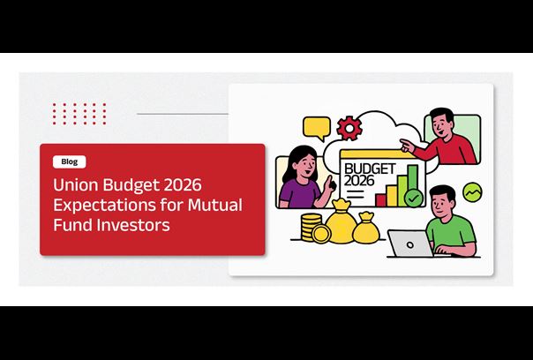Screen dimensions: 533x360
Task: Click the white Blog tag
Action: point(70,161)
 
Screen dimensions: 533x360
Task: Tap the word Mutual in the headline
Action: point(215,205)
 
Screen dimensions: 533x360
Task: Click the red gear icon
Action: point(349,128)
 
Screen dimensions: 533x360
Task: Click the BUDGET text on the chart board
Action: point(370,169)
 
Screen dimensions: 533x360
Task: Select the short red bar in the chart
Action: point(380,200)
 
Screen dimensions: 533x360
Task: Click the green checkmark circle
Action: point(414,198)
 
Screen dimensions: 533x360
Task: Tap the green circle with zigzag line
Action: point(472,192)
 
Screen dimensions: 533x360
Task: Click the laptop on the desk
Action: point(410,244)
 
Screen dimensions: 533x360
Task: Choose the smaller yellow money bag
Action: point(366,229)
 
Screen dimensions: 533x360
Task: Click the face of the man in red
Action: point(440,124)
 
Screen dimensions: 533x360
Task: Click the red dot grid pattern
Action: point(79,114)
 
